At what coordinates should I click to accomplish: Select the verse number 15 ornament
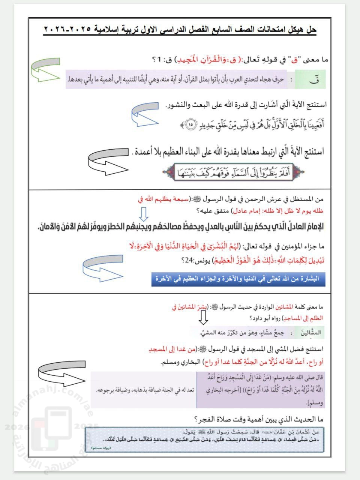(190, 124)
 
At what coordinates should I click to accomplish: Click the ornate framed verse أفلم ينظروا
(233, 173)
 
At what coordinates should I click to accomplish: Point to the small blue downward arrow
(144, 214)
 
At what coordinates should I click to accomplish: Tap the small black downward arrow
(203, 318)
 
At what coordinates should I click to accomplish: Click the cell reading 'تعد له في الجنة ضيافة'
(144, 390)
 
